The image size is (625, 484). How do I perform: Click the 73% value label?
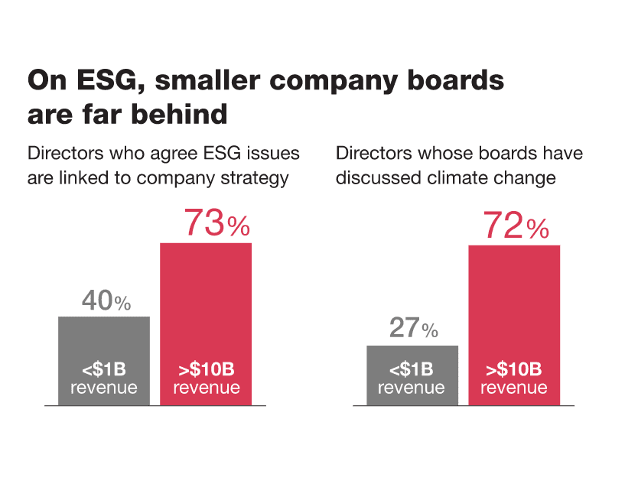[216, 224]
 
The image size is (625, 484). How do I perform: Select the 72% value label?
[516, 226]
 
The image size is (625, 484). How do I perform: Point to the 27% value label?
[413, 329]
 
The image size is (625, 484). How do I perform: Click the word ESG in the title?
[86, 81]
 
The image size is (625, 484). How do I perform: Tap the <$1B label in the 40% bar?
[104, 371]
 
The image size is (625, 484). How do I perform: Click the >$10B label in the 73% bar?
[206, 371]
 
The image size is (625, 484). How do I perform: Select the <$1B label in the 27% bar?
[412, 371]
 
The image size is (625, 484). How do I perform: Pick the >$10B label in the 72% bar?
[514, 371]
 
